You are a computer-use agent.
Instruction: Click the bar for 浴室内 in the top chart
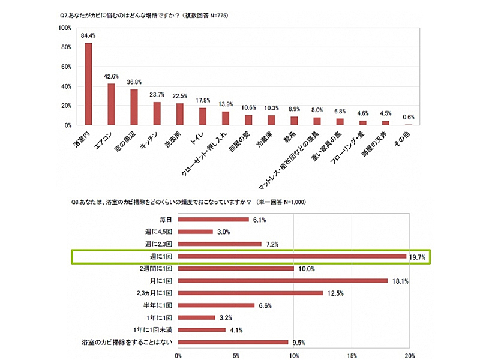pos(88,84)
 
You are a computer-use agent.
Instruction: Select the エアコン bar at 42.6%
pos(111,104)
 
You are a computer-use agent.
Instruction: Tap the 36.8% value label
pos(134,82)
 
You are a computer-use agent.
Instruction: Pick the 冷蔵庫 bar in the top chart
pos(271,120)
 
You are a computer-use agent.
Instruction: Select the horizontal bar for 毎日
pos(214,219)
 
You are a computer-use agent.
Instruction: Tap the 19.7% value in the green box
pos(419,257)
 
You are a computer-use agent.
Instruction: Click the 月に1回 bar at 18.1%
pos(283,280)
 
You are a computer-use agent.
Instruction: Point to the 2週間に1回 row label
pos(156,268)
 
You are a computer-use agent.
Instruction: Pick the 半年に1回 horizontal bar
pos(216,305)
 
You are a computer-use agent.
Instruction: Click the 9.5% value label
pos(298,343)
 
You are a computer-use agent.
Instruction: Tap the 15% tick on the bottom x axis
pos(352,355)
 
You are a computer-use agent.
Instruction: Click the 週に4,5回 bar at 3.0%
pos(196,232)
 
